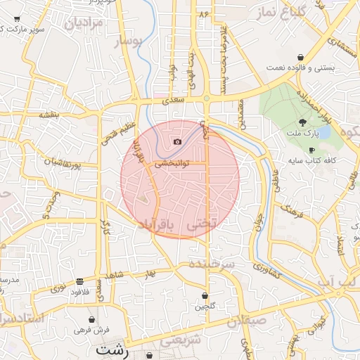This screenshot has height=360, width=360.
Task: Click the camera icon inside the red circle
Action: coord(177,142)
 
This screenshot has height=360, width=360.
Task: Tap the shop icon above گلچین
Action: coord(205,296)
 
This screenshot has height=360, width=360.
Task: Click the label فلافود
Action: coord(80,292)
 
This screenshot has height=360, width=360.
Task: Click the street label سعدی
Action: coord(172,101)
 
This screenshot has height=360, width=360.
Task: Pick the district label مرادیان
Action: coord(84,24)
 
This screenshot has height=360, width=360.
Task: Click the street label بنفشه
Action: coord(51,113)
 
